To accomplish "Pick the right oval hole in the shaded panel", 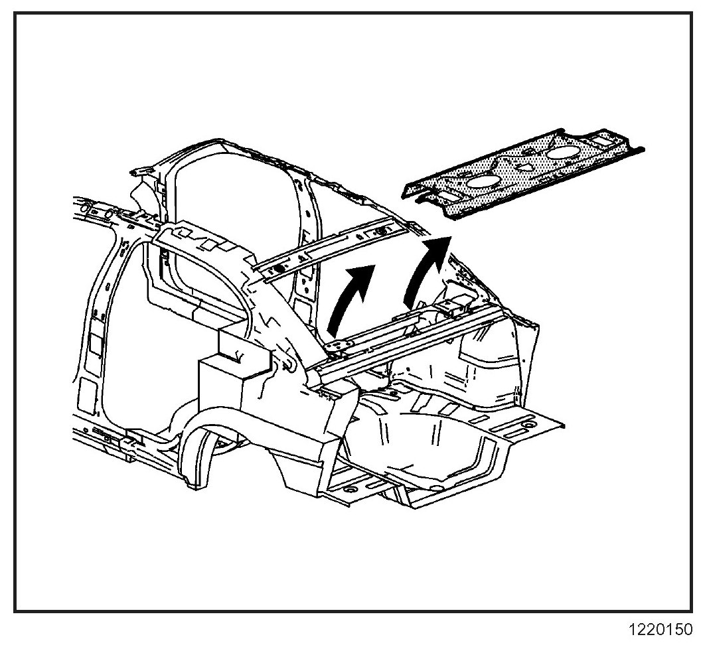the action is point(560,152).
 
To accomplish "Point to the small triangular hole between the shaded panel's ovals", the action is point(524,169).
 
